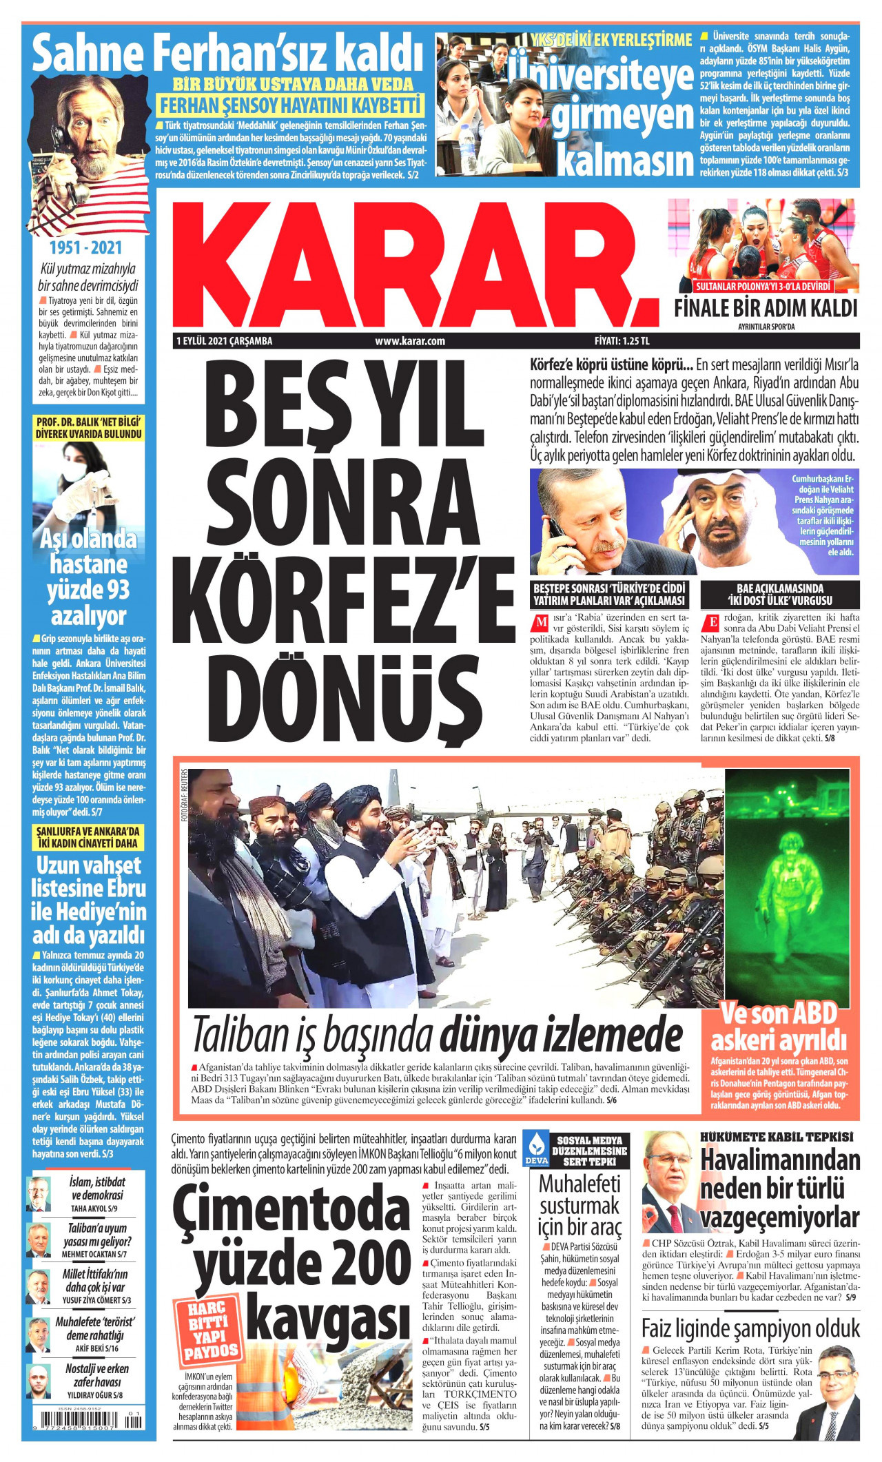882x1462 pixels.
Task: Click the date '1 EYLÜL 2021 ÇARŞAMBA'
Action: pyautogui.click(x=225, y=340)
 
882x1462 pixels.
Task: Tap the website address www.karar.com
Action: pyautogui.click(x=410, y=340)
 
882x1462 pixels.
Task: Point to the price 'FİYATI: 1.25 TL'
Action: pyautogui.click(x=622, y=340)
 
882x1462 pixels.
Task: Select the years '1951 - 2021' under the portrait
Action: pyautogui.click(x=85, y=247)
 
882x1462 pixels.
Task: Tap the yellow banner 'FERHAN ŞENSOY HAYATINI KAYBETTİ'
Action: pyautogui.click(x=289, y=106)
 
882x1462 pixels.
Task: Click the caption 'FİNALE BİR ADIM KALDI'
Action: pyautogui.click(x=766, y=308)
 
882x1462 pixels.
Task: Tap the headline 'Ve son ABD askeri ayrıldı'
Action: pyautogui.click(x=779, y=1027)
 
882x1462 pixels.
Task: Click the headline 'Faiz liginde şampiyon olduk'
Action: pyautogui.click(x=751, y=1328)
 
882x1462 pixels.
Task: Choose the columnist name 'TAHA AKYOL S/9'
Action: pyautogui.click(x=94, y=1208)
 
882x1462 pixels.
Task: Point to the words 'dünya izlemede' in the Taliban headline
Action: pyautogui.click(x=561, y=1035)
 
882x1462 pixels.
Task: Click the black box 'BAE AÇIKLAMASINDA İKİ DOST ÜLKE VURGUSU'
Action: pyautogui.click(x=780, y=594)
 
